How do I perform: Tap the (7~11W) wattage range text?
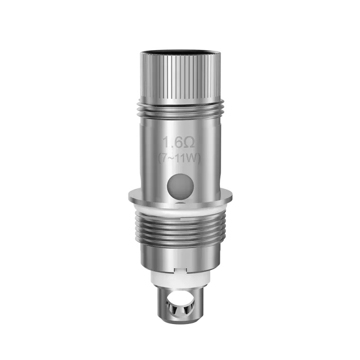(x=179, y=158)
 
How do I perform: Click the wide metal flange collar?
(x=180, y=196)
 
